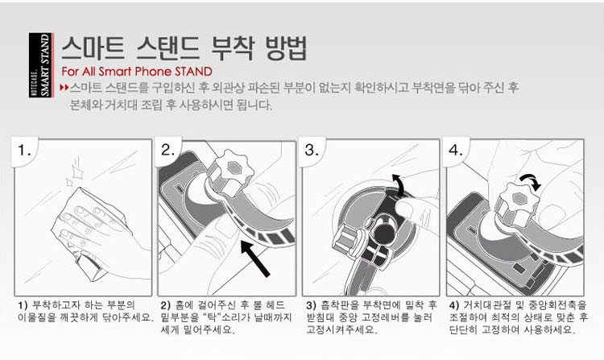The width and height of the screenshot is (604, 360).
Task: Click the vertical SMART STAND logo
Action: [41, 65]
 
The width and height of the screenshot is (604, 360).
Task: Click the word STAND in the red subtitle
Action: [193, 72]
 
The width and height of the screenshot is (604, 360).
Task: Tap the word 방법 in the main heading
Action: [285, 48]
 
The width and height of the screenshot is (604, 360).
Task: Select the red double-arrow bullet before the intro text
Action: [64, 88]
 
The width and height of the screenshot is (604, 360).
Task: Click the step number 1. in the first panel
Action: [24, 150]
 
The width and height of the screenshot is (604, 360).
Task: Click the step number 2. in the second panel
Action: [168, 150]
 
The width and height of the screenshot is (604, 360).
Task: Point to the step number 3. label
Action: [312, 150]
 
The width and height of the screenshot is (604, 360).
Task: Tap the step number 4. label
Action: [456, 150]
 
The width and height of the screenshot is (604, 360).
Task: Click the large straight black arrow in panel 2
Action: [255, 259]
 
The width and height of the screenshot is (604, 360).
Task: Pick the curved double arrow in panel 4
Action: [531, 181]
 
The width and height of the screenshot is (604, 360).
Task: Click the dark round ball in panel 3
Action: [383, 233]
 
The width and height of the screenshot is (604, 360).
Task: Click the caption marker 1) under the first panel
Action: [23, 306]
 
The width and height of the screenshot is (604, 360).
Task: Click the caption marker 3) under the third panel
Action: [311, 306]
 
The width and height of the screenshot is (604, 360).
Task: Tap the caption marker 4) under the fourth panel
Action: [454, 306]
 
